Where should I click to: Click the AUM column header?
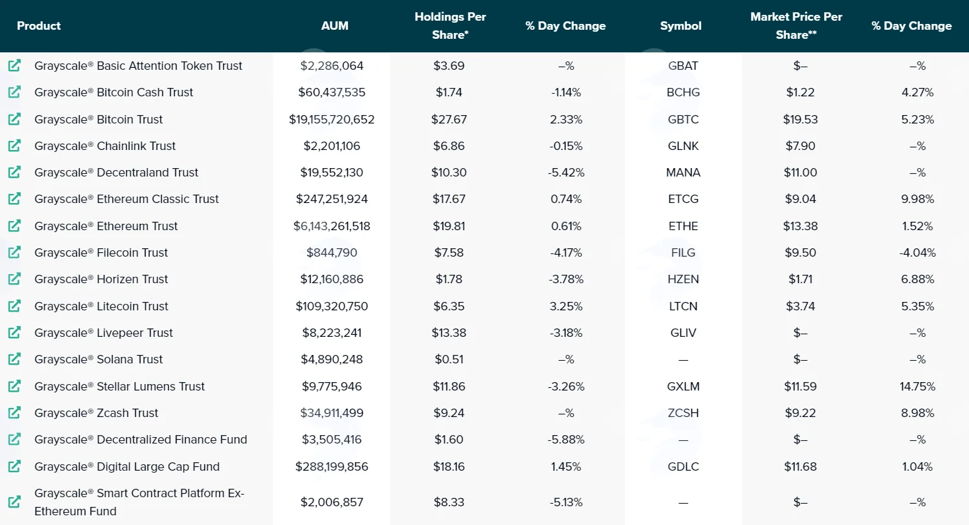tap(334, 26)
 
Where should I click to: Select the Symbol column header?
tap(680, 26)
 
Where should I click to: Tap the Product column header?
tap(39, 26)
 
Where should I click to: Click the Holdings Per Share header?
tap(450, 25)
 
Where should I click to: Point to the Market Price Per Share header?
tap(796, 25)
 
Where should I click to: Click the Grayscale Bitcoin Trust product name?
tap(98, 120)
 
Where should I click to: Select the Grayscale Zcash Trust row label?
tap(96, 413)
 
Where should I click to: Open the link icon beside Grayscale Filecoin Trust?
tap(14, 252)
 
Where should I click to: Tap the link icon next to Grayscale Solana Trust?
tap(14, 359)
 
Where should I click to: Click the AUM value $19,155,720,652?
tap(332, 120)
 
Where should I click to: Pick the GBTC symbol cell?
tap(683, 120)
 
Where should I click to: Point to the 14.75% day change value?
tap(917, 386)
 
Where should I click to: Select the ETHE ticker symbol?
tap(683, 226)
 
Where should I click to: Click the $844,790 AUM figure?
tap(332, 253)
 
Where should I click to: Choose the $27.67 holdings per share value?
tap(449, 120)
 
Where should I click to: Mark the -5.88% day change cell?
tap(566, 440)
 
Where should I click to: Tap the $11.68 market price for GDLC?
tap(800, 467)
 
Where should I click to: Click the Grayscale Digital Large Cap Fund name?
tap(127, 467)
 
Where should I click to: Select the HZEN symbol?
tap(683, 279)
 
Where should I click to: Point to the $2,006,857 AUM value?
tap(332, 502)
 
